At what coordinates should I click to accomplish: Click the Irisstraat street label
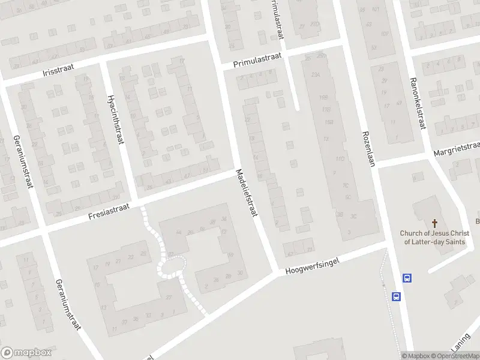coord(57,71)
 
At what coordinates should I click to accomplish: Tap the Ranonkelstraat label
coord(418,103)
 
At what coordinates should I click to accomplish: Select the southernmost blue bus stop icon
coord(396,296)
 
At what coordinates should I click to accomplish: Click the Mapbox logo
coord(25,353)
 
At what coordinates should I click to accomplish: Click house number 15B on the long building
coord(329,122)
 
